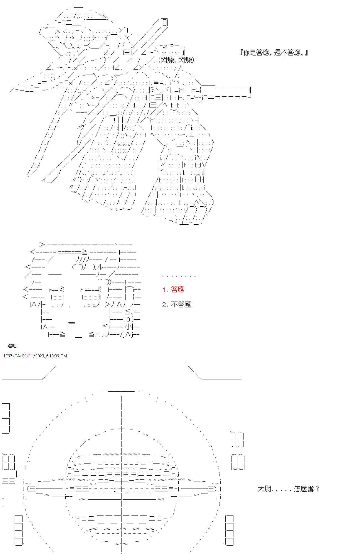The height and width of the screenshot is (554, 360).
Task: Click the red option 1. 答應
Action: coord(173,289)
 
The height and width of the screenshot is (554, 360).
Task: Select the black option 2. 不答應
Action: coord(176,304)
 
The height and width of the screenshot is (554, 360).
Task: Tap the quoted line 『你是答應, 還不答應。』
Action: coord(274,53)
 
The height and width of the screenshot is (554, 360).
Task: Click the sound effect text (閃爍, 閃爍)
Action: coord(176,60)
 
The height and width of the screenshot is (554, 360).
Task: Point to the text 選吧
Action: coord(12,346)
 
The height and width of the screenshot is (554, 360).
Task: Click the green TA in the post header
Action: coord(17,356)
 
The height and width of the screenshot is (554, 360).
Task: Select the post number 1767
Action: coord(8,356)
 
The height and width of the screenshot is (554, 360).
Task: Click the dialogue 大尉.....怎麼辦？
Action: coord(289,489)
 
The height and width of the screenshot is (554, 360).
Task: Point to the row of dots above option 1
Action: coord(179,276)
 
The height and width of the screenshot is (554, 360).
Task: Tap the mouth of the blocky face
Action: coord(71,323)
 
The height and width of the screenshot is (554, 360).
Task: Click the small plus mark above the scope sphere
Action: coord(122,429)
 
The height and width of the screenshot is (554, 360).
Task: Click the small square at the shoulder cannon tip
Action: coord(164,22)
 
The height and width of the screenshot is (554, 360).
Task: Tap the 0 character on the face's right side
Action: coord(128,319)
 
